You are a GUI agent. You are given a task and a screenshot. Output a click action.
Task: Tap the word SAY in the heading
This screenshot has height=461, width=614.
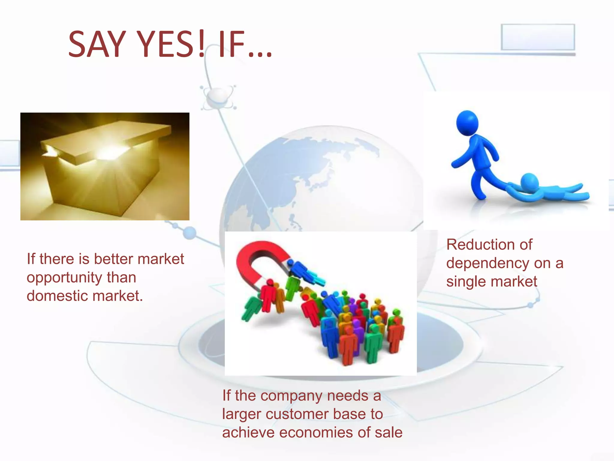[97, 44]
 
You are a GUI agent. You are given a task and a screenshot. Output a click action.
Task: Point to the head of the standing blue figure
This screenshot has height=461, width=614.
[467, 122]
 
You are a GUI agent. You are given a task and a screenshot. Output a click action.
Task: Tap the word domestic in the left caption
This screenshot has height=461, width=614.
[57, 296]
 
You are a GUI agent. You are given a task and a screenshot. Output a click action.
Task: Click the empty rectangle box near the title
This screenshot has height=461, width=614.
[538, 37]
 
